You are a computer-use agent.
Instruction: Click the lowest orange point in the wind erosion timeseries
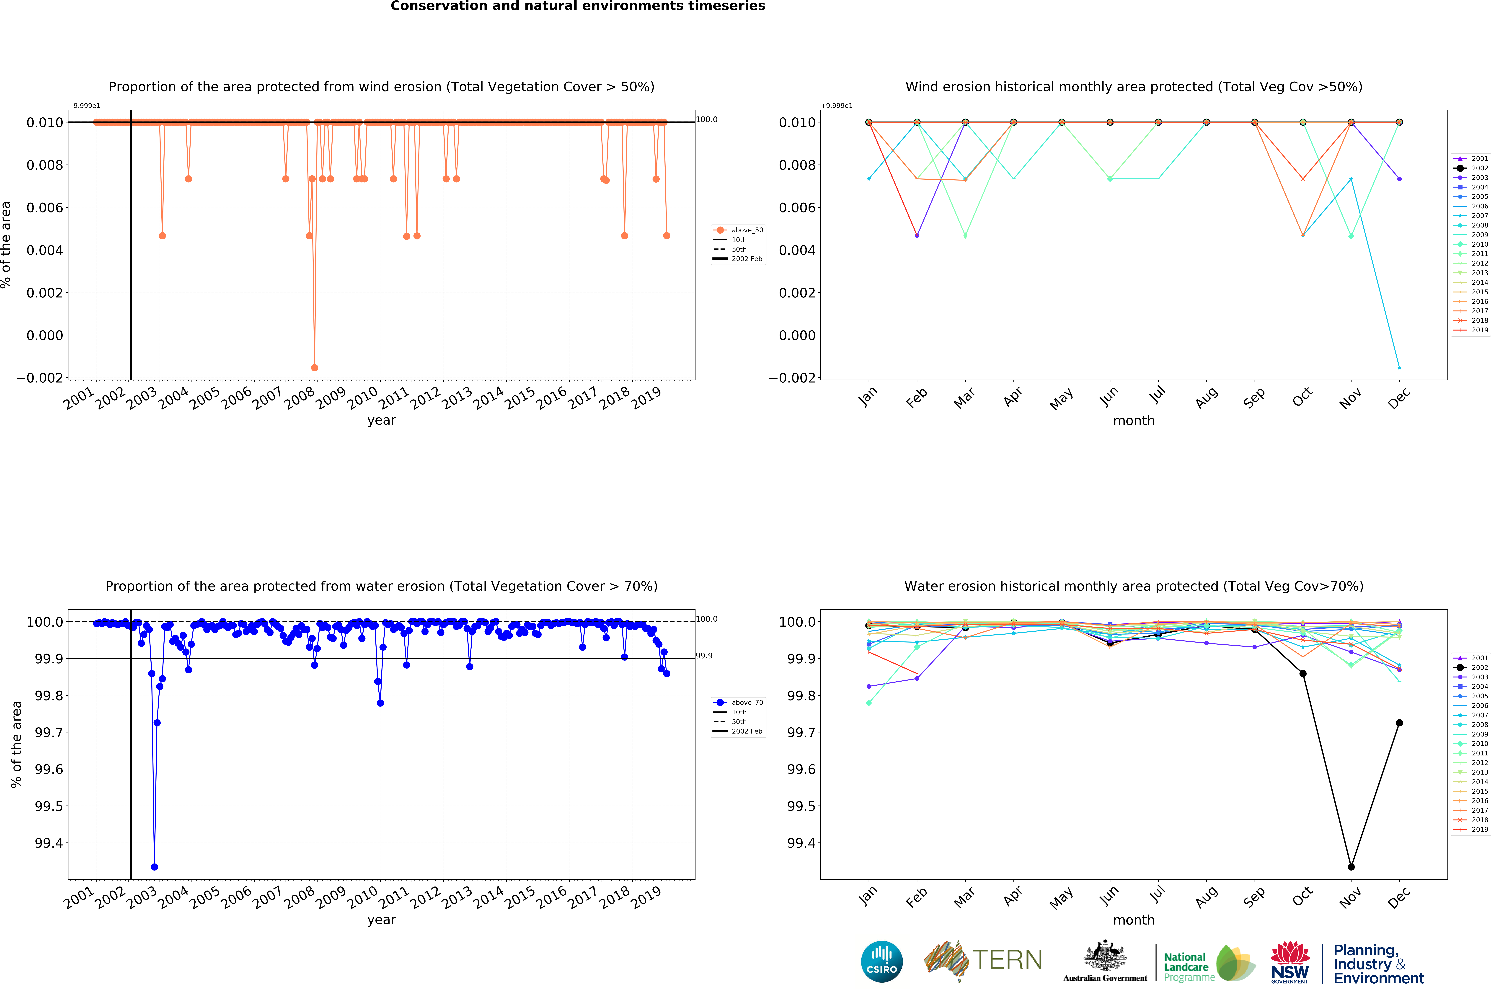point(314,367)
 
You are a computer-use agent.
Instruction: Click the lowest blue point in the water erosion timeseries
point(154,867)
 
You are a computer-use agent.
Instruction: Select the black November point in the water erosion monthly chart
point(1351,867)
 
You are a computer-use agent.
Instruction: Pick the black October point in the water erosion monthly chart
point(1303,673)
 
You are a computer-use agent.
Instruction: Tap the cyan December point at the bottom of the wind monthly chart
point(1399,367)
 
